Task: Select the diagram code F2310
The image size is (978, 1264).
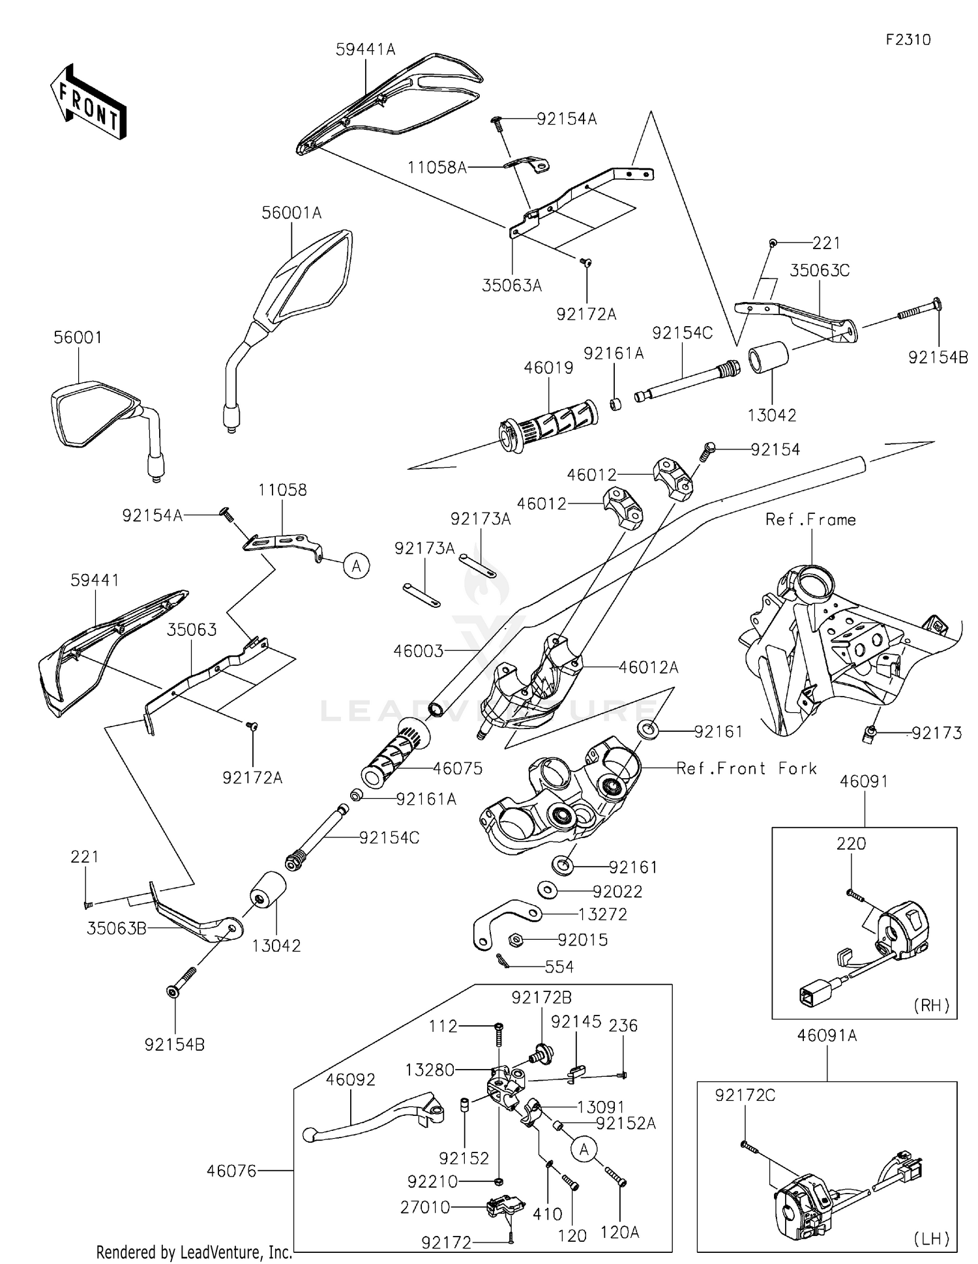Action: (x=908, y=40)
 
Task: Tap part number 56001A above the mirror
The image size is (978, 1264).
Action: (x=291, y=213)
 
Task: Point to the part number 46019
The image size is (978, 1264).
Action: (x=548, y=368)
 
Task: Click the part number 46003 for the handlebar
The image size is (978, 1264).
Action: (x=418, y=651)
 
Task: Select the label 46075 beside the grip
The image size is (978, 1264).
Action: (x=458, y=769)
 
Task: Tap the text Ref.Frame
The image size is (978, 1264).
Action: (x=810, y=520)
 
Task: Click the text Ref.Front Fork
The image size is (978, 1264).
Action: (x=747, y=768)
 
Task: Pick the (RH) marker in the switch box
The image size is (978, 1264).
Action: (x=932, y=1005)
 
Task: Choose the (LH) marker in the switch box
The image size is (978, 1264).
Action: (x=932, y=1239)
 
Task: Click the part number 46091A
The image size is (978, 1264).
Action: (x=827, y=1035)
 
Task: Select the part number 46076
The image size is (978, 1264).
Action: (x=231, y=1171)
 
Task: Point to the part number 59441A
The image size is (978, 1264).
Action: (x=365, y=50)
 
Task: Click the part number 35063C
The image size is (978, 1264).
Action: (x=820, y=271)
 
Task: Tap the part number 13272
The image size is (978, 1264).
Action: (x=602, y=914)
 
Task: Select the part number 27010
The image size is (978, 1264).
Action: (x=425, y=1207)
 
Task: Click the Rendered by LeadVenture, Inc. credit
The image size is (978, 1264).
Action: (x=194, y=1252)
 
